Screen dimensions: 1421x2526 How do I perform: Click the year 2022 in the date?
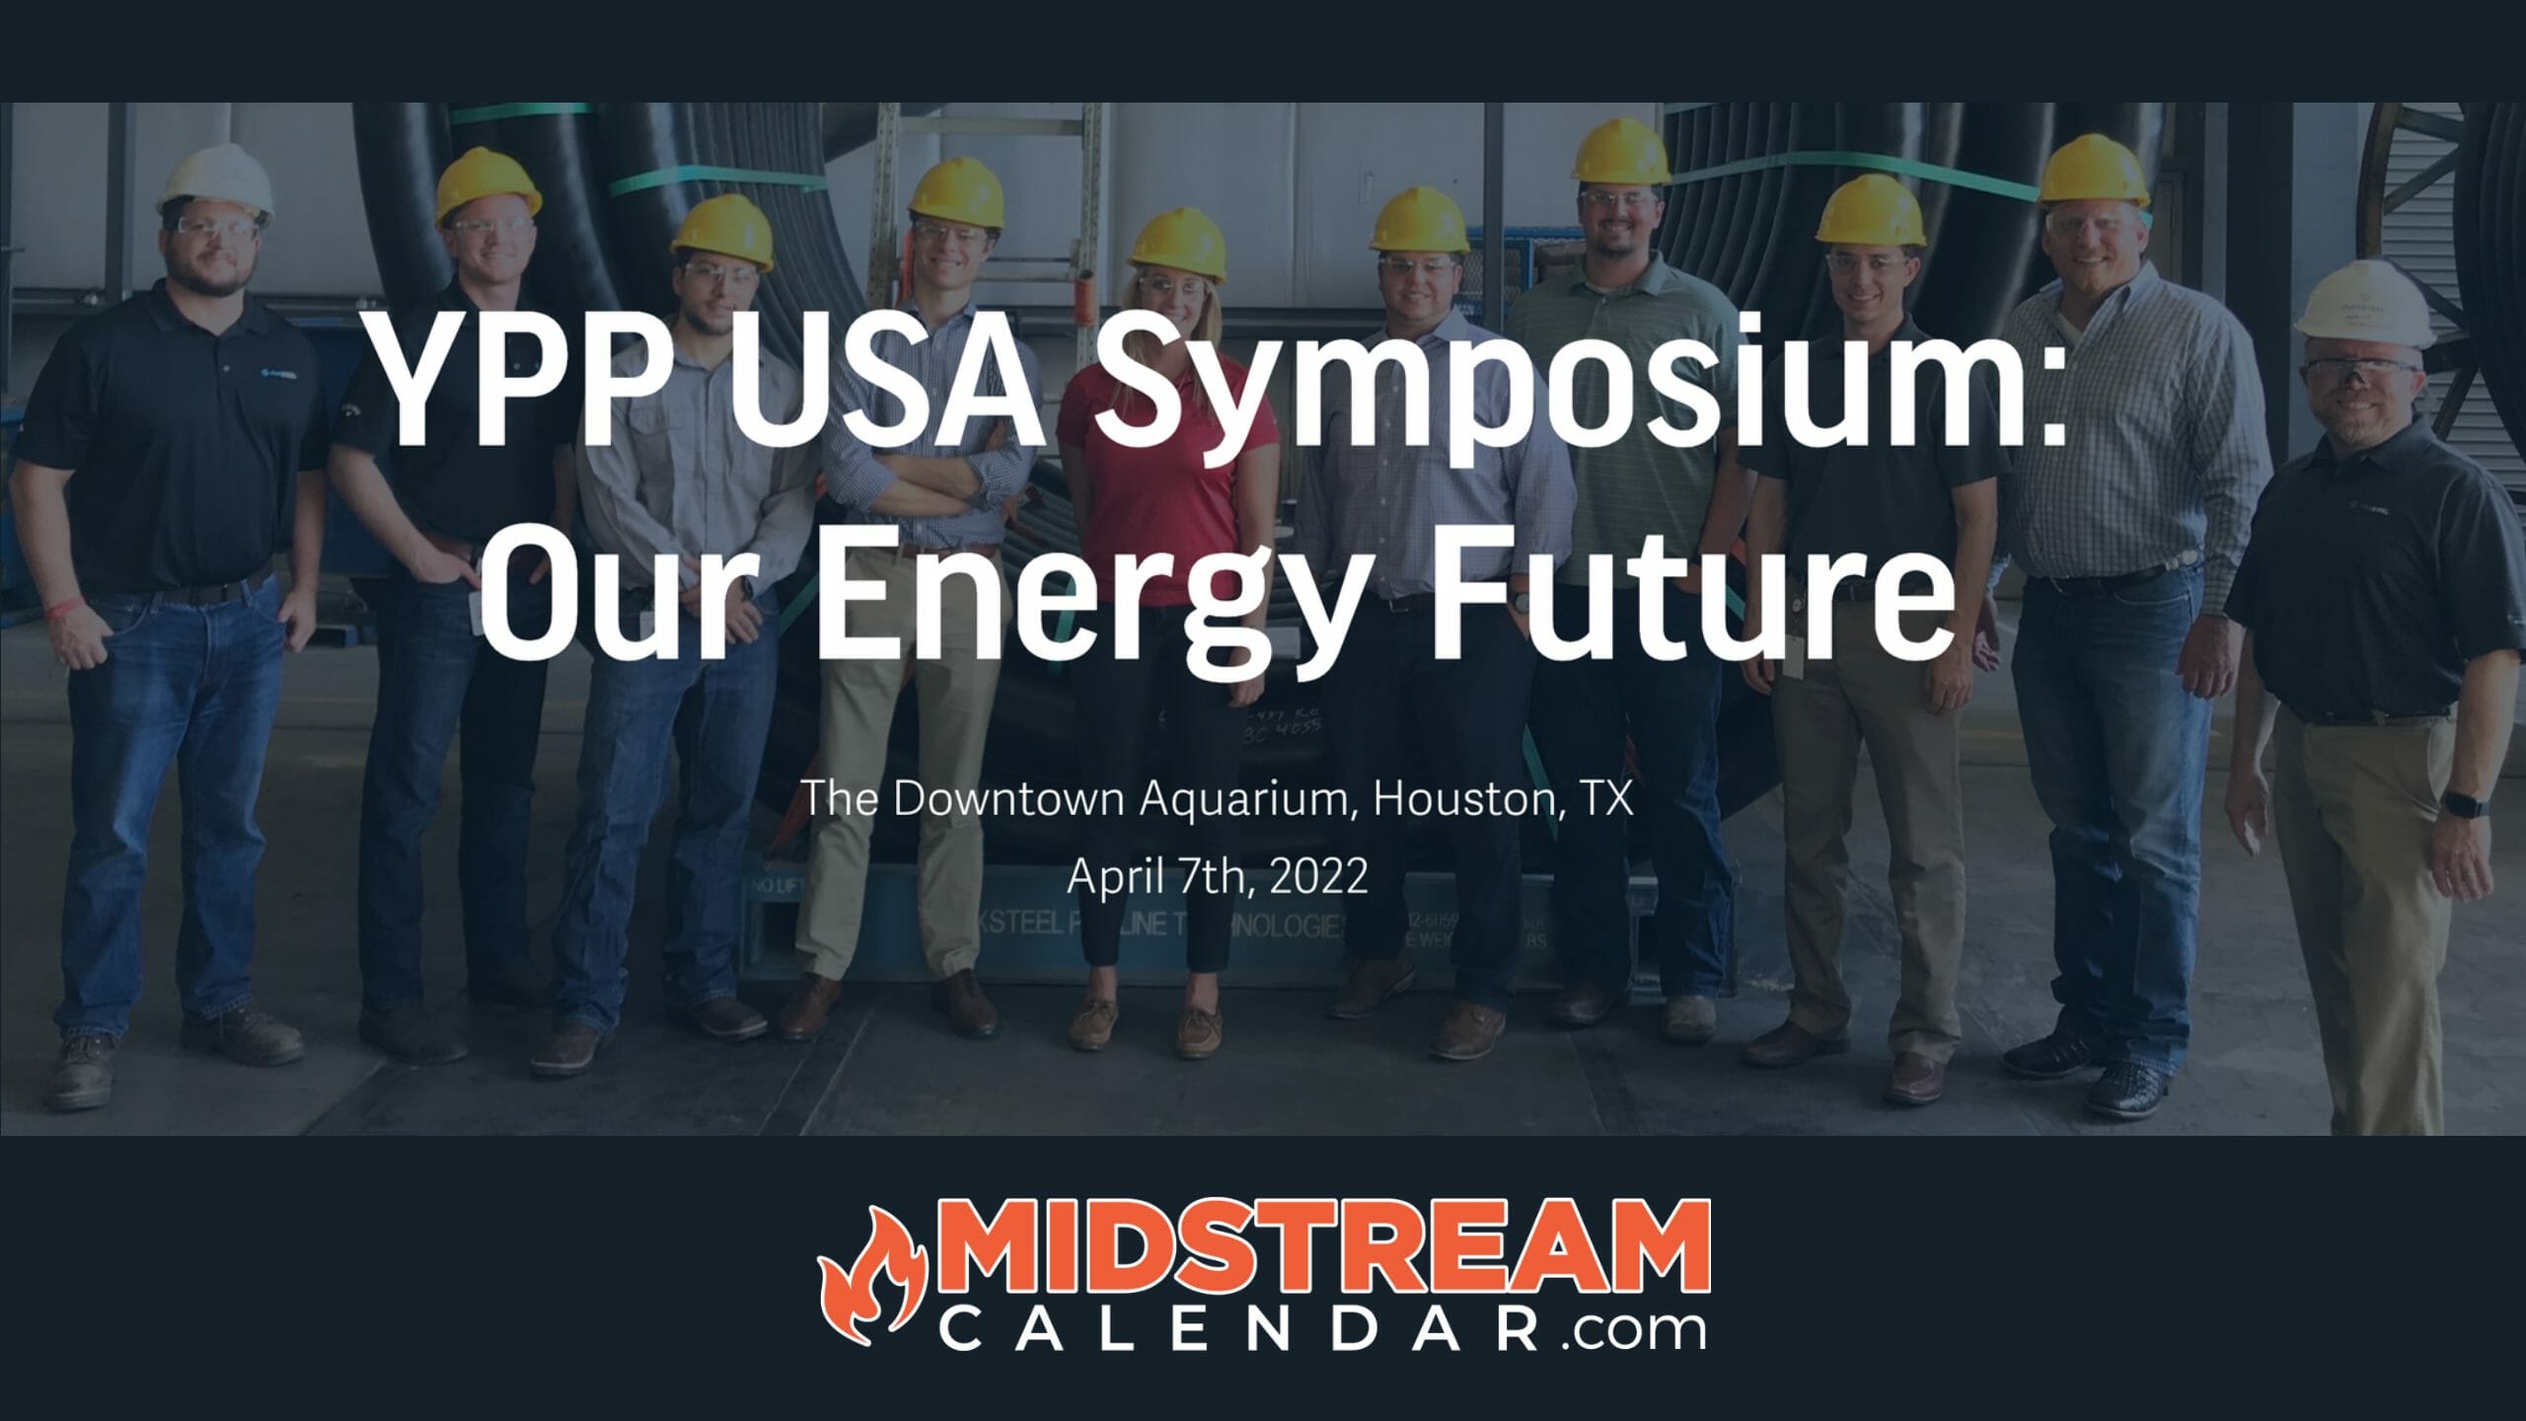point(1318,876)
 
